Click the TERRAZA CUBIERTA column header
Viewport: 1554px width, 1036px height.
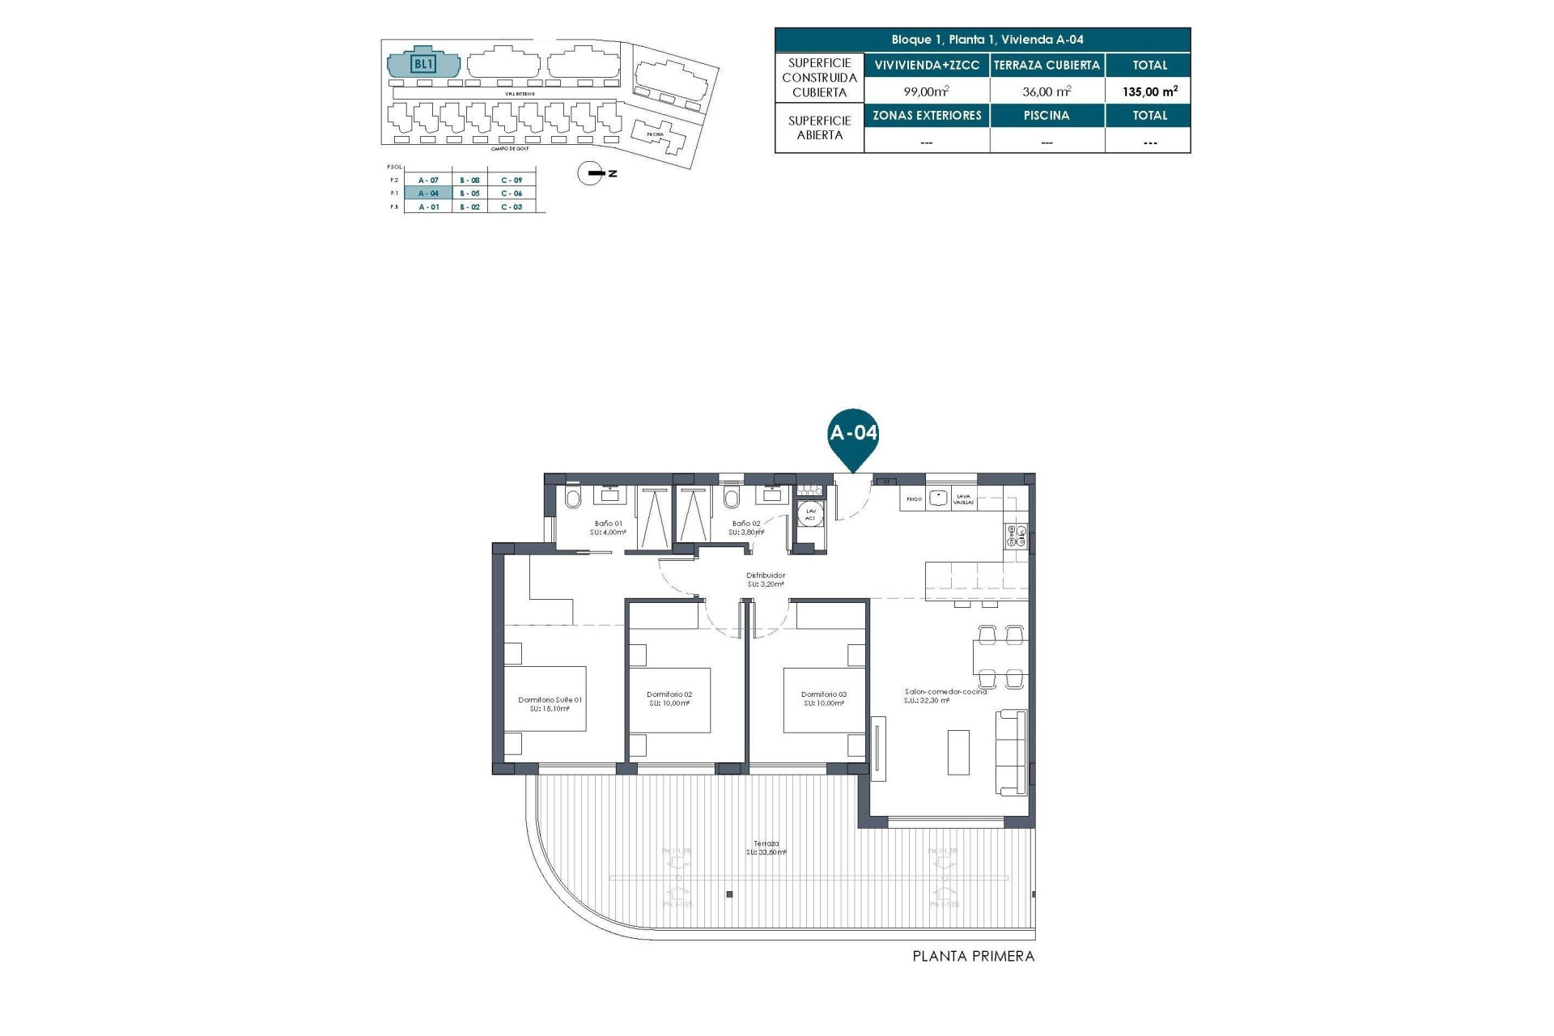tap(1047, 66)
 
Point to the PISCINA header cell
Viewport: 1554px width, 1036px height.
tap(1047, 116)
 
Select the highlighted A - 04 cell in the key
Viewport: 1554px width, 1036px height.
tap(428, 193)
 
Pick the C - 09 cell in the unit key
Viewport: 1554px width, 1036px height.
tap(512, 180)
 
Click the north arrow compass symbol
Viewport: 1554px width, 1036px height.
tap(592, 173)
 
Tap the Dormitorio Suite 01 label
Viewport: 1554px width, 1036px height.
tap(550, 704)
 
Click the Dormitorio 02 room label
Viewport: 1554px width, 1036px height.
tap(669, 698)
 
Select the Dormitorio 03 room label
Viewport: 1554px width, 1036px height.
tap(824, 698)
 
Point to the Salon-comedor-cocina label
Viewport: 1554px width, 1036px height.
tap(945, 695)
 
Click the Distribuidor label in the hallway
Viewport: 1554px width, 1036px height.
tap(766, 579)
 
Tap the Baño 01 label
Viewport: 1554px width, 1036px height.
tap(608, 528)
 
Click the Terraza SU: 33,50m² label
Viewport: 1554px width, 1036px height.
tap(766, 847)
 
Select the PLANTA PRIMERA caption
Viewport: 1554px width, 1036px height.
tap(973, 957)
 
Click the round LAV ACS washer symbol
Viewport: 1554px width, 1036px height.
tap(810, 514)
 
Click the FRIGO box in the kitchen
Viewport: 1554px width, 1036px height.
tap(914, 499)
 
